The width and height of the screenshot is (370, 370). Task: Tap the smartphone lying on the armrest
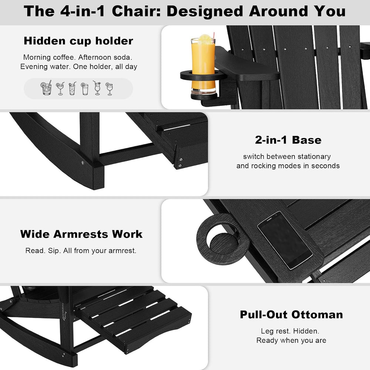tap(285, 240)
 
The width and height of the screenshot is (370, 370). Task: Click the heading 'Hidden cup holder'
tap(78, 41)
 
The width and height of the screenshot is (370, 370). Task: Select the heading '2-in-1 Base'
tap(288, 140)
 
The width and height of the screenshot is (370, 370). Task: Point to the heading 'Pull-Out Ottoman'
tap(292, 314)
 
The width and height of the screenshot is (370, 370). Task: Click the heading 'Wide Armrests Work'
tap(81, 234)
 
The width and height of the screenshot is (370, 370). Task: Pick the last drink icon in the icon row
tap(109, 89)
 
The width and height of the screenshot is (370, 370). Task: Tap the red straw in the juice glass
tap(213, 37)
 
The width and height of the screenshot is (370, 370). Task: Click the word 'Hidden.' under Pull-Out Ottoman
tap(306, 331)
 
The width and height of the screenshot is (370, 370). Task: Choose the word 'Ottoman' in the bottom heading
tap(317, 314)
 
